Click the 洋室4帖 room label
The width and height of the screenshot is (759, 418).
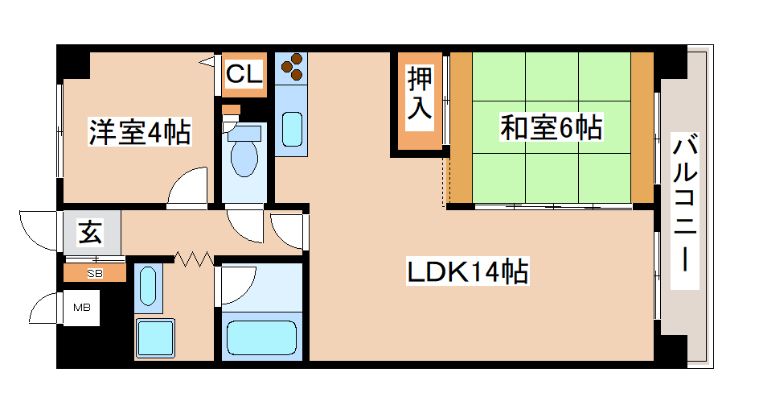coord(139,131)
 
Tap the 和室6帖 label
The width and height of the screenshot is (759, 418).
coord(551,127)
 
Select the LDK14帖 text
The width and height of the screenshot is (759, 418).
coord(466,273)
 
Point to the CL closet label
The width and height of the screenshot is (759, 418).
coord(244,75)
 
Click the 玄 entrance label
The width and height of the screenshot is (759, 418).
coord(89,233)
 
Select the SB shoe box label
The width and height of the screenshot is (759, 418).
coord(95,273)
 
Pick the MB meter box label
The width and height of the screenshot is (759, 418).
coord(82,307)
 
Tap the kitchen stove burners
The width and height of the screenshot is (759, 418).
coord(291,67)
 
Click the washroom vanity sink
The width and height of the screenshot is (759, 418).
coord(147,286)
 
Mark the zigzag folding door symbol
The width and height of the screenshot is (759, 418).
coord(194,259)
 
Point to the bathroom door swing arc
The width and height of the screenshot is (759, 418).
coord(236,283)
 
